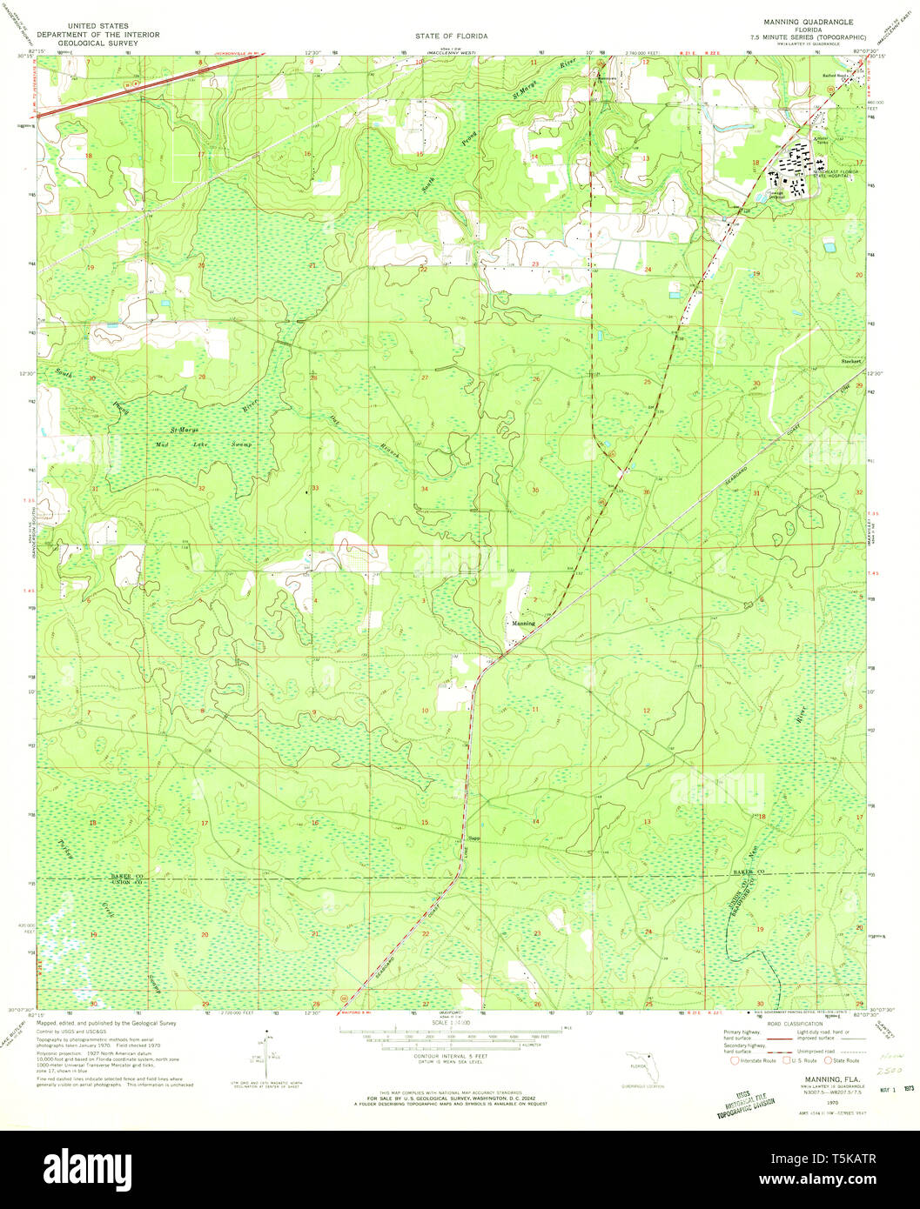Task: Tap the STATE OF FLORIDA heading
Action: coord(450,36)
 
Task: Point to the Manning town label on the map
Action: coord(523,624)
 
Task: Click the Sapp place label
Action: coord(474,839)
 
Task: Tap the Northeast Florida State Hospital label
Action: coord(835,174)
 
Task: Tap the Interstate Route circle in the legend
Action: coord(735,1060)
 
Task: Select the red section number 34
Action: coord(424,490)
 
